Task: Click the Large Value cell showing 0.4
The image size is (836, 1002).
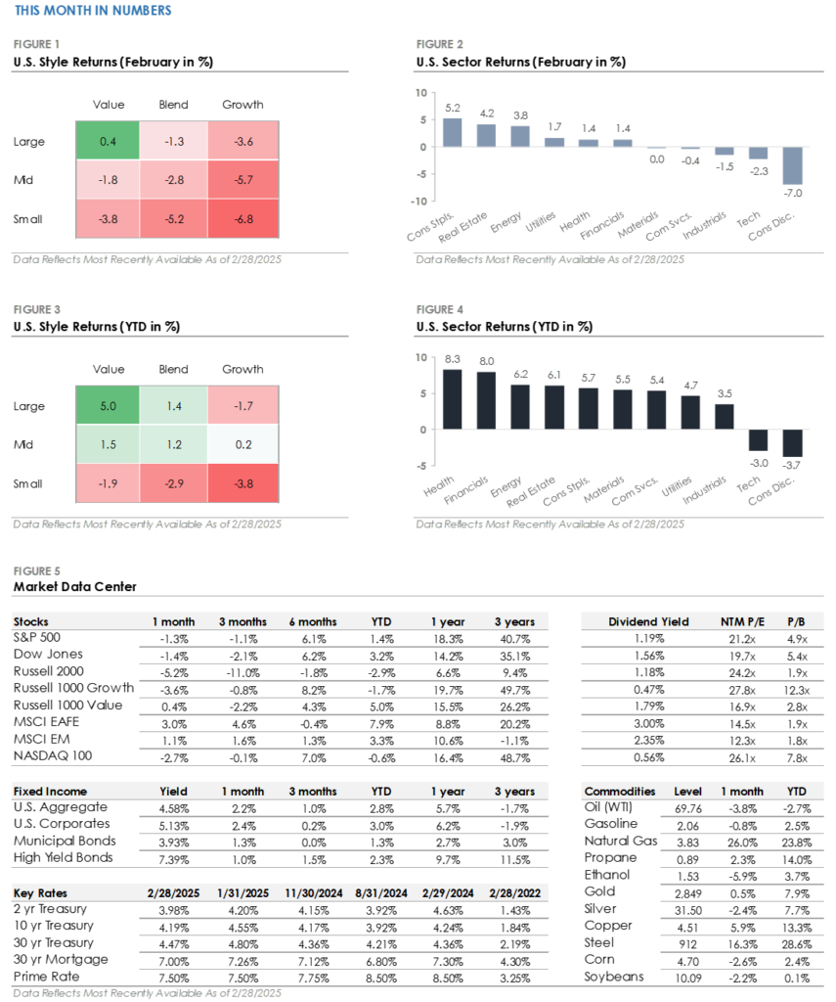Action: tap(109, 142)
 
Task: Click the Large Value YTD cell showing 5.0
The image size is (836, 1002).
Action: tap(109, 406)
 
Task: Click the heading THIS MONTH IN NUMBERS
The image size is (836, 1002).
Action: tap(94, 11)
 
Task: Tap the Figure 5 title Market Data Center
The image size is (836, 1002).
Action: tap(75, 587)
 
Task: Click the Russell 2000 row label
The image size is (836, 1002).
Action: tap(48, 670)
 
